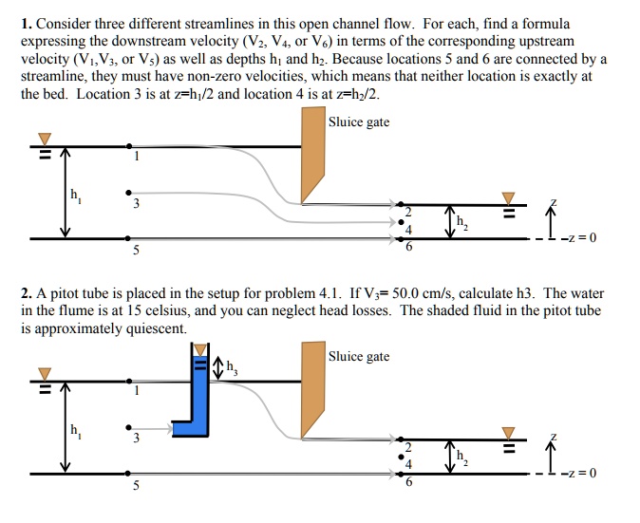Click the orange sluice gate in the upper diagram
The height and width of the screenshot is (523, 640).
(x=313, y=152)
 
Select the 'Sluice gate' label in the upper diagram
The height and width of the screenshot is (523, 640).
(x=359, y=122)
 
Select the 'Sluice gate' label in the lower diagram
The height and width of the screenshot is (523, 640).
(x=359, y=357)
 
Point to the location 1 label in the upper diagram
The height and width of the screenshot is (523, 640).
(x=136, y=158)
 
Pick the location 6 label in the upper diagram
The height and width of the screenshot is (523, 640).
(x=409, y=249)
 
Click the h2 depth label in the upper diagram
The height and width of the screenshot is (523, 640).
(x=461, y=223)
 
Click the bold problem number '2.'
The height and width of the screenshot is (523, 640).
(x=26, y=294)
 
